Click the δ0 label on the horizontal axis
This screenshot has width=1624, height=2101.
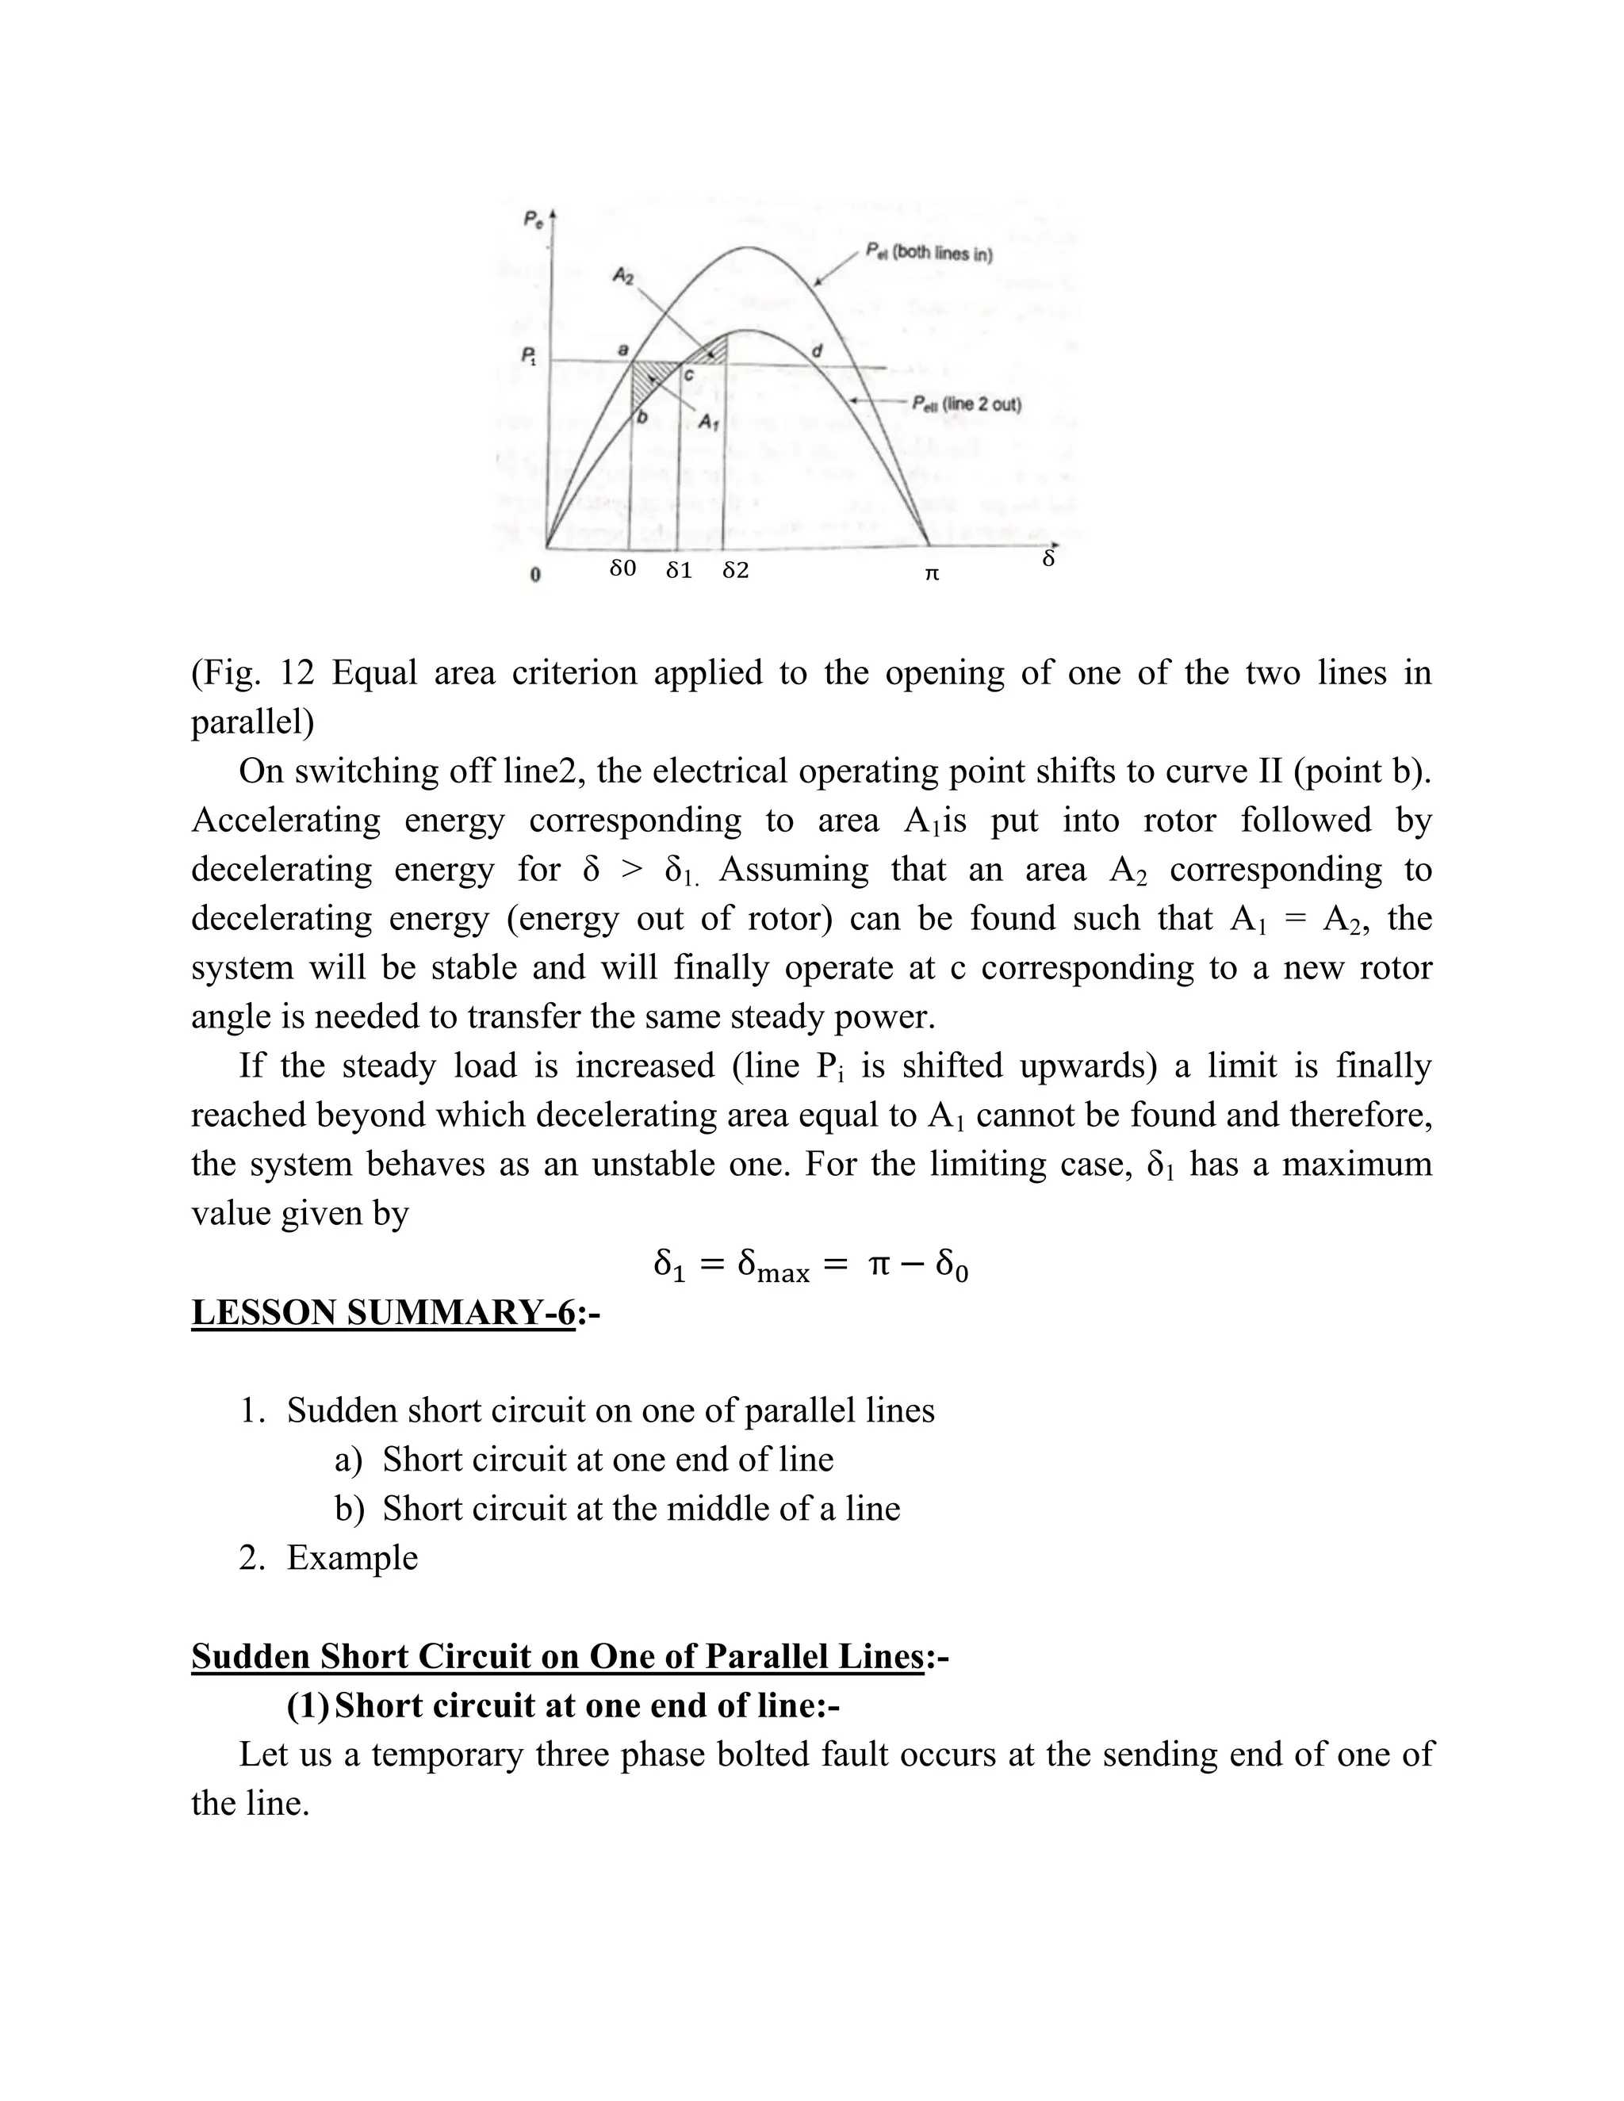[x=622, y=568]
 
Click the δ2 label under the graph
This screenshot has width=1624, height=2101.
[x=735, y=571]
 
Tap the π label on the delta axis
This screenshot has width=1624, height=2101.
[x=930, y=573]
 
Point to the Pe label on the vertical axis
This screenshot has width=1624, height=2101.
[x=532, y=220]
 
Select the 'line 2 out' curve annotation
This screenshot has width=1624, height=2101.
[x=966, y=404]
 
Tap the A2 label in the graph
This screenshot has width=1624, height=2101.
[x=623, y=277]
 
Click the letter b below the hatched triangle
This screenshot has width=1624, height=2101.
[x=642, y=416]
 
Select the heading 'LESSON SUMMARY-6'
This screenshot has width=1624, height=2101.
[x=383, y=1312]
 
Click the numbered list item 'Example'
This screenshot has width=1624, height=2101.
[x=352, y=1557]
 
